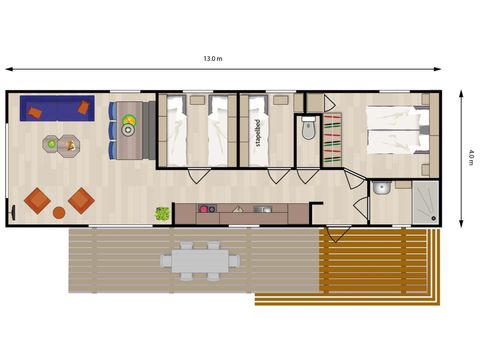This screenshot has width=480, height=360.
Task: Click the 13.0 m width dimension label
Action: [x=213, y=59]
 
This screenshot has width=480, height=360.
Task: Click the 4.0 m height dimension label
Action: [x=471, y=158]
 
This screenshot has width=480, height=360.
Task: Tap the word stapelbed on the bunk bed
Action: [x=257, y=133]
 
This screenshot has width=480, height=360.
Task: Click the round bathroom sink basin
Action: [x=382, y=188]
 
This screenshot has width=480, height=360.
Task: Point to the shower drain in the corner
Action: [x=433, y=218]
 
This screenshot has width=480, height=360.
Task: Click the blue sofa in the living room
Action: [x=57, y=108]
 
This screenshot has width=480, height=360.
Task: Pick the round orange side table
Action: [x=59, y=213]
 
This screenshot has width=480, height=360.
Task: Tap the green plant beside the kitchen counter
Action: [x=163, y=214]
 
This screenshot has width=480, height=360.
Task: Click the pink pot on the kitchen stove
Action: [x=203, y=209]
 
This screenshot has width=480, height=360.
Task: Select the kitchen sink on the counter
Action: [x=263, y=209]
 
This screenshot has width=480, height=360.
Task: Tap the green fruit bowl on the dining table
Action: [x=129, y=119]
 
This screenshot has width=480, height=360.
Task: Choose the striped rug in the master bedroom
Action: [x=333, y=140]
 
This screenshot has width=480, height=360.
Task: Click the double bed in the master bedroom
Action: [x=398, y=130]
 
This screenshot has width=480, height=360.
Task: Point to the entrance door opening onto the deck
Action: [x=338, y=234]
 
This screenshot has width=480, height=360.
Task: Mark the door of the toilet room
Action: [x=308, y=176]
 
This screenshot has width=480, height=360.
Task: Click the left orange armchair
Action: [x=37, y=201]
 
